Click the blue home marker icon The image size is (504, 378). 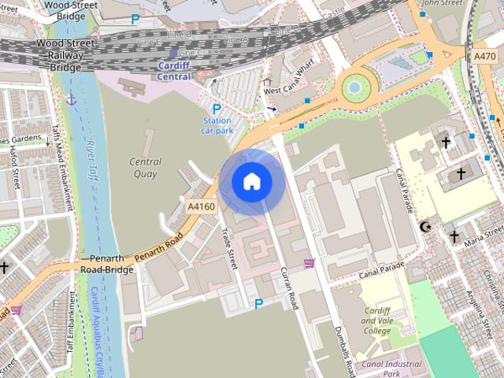coord(251,181)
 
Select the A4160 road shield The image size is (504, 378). coord(201,206)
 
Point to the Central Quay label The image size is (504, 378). coord(145,168)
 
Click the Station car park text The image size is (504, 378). coord(217,126)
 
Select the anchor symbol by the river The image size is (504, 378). coord(71,100)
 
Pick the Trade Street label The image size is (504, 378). coord(229,248)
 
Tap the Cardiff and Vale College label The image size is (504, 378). coord(376,321)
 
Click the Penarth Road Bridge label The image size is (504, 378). coord(107,264)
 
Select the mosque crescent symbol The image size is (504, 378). coord(427,227)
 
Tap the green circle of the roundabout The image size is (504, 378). coord(355,87)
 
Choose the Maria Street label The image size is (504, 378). coord(484,239)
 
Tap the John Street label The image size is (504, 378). coord(441,3)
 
